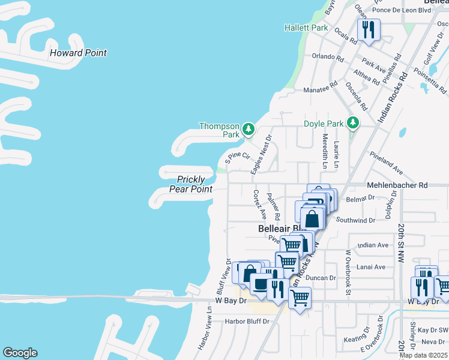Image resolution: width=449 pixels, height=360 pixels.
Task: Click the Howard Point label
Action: [78, 53]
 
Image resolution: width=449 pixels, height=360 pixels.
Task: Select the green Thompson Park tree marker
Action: [248, 128]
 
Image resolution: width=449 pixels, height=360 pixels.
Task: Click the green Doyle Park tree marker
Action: [353, 123]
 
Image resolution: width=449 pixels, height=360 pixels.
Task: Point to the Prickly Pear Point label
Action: [194, 184]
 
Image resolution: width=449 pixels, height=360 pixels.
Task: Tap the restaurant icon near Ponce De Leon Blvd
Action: [369, 29]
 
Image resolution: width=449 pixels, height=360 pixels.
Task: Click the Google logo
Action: [20, 353]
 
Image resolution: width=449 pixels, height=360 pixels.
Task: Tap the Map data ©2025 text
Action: [423, 355]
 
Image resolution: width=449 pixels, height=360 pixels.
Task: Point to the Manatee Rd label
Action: [316, 89]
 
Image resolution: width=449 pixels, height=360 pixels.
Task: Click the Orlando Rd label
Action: [327, 58]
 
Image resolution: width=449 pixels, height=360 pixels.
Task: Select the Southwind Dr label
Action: [355, 220]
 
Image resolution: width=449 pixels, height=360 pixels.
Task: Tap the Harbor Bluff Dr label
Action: [247, 322]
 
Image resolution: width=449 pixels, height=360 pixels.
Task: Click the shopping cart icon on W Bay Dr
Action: [300, 297]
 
